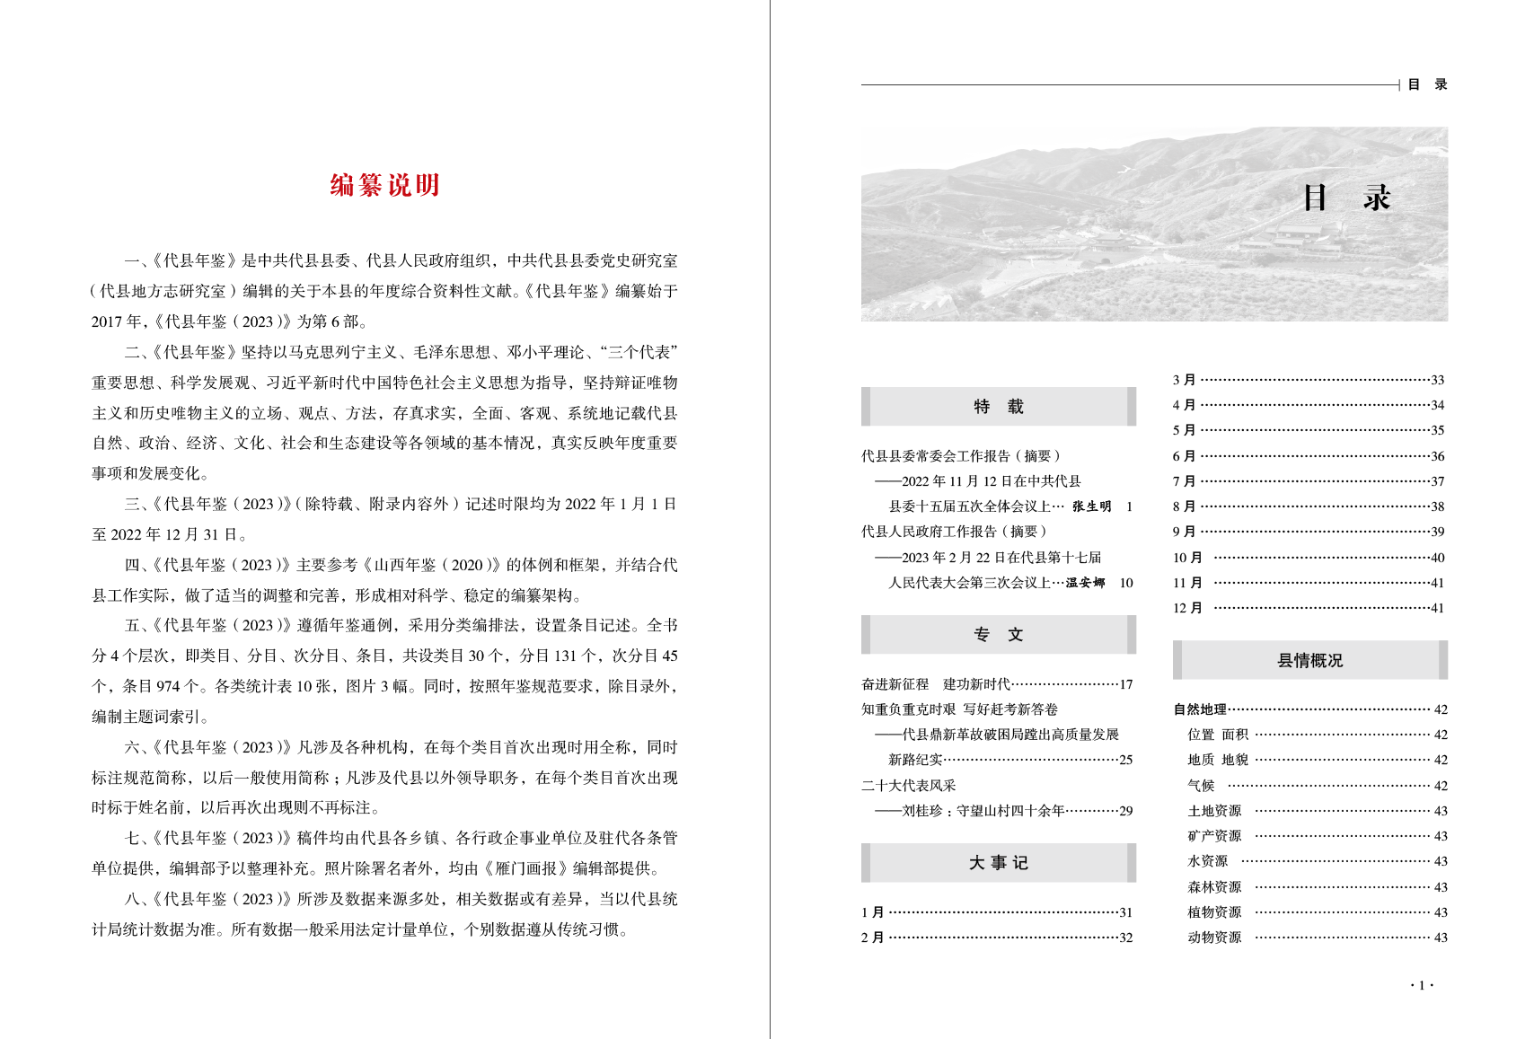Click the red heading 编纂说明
tap(384, 186)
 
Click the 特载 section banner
tap(998, 407)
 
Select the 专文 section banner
tap(998, 635)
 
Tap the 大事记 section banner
tap(998, 863)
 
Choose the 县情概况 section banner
tap(1309, 661)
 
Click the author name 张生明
tap(1091, 507)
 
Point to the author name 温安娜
tap(1085, 583)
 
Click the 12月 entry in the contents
tap(1187, 609)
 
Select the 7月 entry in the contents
tap(1184, 482)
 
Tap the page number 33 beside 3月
tap(1437, 381)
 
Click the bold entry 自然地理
tap(1200, 710)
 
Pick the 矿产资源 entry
tap(1214, 837)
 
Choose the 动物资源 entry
tap(1214, 938)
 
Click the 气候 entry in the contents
tap(1201, 786)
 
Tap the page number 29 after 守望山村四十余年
tap(1125, 812)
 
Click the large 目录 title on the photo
tap(1346, 198)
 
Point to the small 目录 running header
tap(1427, 85)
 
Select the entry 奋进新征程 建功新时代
tap(936, 685)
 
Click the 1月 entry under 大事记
tap(872, 913)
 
